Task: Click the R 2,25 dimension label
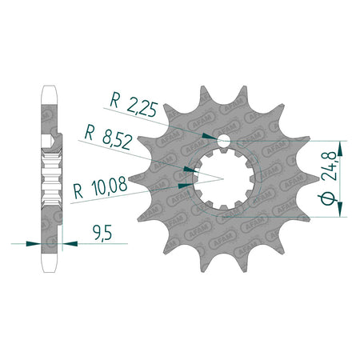(x=134, y=104)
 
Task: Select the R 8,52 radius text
(x=108, y=138)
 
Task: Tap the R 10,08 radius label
(x=101, y=187)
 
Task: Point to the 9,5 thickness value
(x=102, y=233)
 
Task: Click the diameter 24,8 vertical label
(x=328, y=177)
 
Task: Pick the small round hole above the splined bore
(x=224, y=140)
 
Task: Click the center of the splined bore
(x=223, y=179)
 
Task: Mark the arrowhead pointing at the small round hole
(x=209, y=136)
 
